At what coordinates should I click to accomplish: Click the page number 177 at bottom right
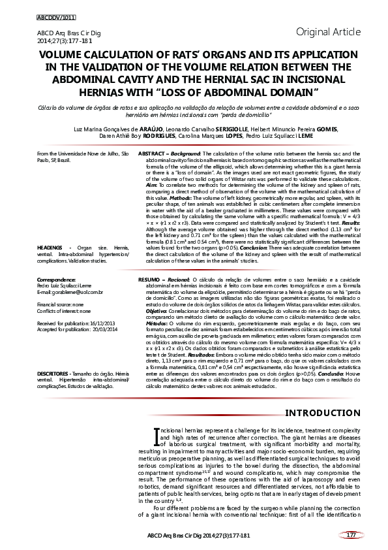[x=350, y=535]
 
